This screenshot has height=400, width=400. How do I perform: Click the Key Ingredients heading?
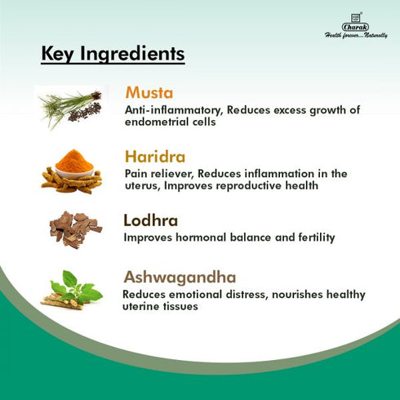click(x=113, y=55)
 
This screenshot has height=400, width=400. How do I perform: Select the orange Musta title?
click(x=149, y=92)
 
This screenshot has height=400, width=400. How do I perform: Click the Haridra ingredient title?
click(x=155, y=156)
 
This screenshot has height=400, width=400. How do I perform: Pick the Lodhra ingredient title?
click(x=150, y=220)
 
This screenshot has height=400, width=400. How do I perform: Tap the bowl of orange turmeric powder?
click(x=74, y=159)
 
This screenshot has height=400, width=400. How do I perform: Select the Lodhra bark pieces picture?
click(x=74, y=229)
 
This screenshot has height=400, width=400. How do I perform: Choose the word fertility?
click(x=313, y=238)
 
